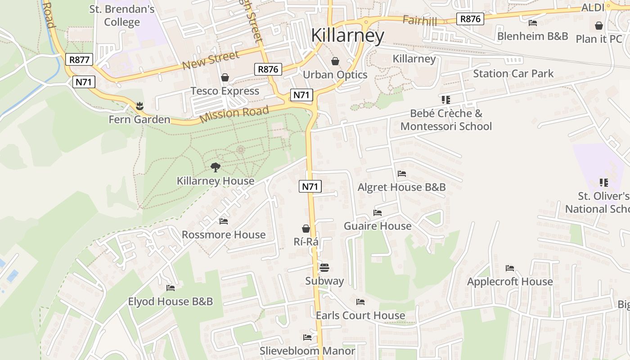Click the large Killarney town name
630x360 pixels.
click(348, 36)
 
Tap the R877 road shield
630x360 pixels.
click(79, 59)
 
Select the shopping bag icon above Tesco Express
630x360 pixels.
click(225, 77)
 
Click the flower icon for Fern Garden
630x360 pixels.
click(139, 106)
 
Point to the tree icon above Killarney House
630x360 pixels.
click(216, 167)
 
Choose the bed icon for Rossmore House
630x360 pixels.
click(224, 221)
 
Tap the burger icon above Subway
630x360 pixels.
click(324, 268)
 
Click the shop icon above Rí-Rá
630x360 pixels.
click(306, 229)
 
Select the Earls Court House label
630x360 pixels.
click(360, 315)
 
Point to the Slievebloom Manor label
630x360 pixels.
click(307, 351)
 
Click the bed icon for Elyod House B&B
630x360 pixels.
click(171, 288)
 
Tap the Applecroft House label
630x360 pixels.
click(510, 282)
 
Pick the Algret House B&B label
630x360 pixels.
click(401, 187)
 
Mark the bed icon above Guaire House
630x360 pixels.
click(378, 212)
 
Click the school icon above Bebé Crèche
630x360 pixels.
click(446, 99)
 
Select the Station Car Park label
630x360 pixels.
click(513, 73)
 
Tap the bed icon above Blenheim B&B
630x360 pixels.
click(533, 22)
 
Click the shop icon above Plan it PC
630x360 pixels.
click(599, 26)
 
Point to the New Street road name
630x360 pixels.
click(211, 61)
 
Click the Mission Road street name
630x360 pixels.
click(234, 114)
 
